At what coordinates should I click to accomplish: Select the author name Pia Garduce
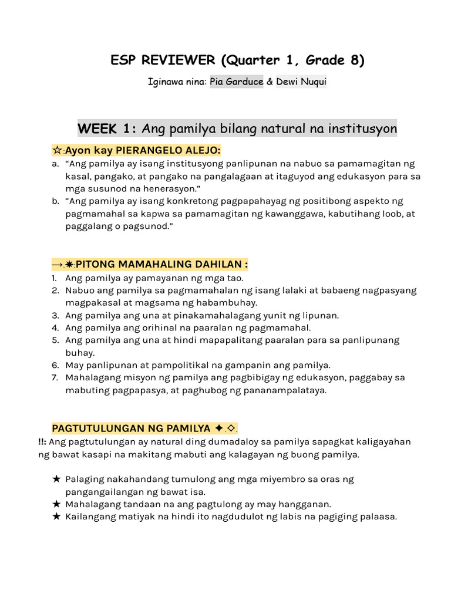[236, 82]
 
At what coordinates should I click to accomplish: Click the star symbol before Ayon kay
[57, 151]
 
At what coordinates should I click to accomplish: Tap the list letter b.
[55, 201]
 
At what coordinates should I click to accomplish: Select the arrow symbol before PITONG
[58, 265]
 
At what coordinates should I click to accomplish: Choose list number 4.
[55, 327]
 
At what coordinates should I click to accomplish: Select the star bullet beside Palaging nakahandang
[56, 479]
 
